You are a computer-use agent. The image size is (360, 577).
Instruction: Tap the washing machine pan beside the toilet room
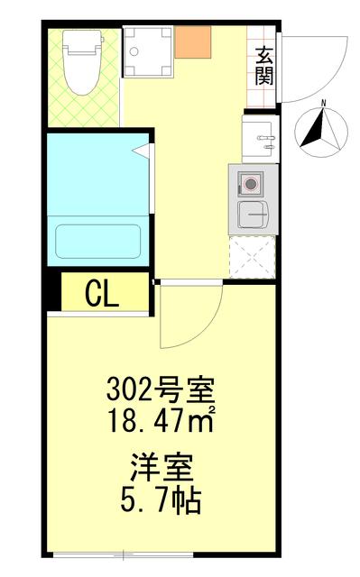[x=146, y=50]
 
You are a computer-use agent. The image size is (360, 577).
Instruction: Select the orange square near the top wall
[x=192, y=41]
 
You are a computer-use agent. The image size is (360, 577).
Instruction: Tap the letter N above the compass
[x=322, y=102]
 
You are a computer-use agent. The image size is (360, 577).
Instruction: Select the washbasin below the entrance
[x=261, y=139]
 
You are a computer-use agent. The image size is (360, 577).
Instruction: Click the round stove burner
[x=250, y=184]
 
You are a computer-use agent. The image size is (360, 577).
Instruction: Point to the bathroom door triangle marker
[x=142, y=151]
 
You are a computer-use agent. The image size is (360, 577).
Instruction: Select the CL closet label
[x=102, y=294]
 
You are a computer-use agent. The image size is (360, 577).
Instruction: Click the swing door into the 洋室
[x=189, y=316]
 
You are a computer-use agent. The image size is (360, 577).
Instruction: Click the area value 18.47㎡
[x=161, y=418]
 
